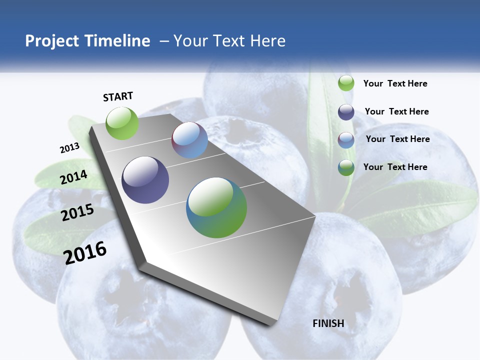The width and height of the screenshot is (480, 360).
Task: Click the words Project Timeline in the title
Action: pyautogui.click(x=87, y=41)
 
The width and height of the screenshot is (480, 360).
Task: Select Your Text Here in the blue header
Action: pyautogui.click(x=229, y=41)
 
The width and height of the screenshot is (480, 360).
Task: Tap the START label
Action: pyautogui.click(x=118, y=96)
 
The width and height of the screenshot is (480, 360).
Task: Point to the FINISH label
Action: pyautogui.click(x=328, y=323)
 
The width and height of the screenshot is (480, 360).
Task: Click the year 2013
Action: pyautogui.click(x=70, y=148)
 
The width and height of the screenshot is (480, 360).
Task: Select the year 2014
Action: pyautogui.click(x=74, y=177)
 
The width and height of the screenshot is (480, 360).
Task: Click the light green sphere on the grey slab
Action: pyautogui.click(x=122, y=123)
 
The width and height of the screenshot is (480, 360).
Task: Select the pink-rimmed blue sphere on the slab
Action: pyautogui.click(x=189, y=140)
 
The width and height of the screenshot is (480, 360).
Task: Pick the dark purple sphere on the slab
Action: pyautogui.click(x=145, y=180)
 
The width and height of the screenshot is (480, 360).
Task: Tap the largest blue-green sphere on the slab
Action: pyautogui.click(x=216, y=207)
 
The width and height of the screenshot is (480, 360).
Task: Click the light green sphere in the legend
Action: pyautogui.click(x=346, y=83)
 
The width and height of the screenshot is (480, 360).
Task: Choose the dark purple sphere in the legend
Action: pyautogui.click(x=346, y=112)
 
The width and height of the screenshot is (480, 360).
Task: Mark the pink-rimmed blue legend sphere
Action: pyautogui.click(x=346, y=140)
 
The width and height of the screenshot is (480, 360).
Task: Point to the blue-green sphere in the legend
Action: pyautogui.click(x=346, y=167)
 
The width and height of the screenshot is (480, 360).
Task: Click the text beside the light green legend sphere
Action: pyautogui.click(x=395, y=83)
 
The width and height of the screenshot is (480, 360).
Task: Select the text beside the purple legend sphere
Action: pyautogui.click(x=396, y=111)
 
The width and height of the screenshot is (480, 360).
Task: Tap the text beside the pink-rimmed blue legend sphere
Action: pyautogui.click(x=397, y=139)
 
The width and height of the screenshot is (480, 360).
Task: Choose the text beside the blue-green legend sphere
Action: pyautogui.click(x=395, y=167)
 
